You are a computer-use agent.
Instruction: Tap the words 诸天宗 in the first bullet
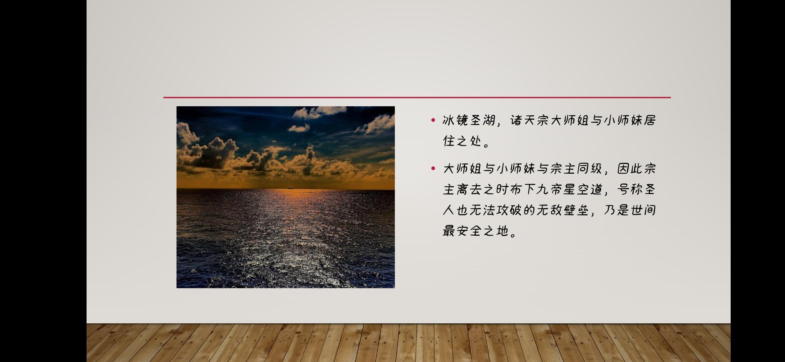click(x=530, y=120)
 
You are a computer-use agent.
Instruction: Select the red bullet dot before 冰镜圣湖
click(x=433, y=120)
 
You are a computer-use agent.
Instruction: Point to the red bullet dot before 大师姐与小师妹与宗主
click(x=433, y=168)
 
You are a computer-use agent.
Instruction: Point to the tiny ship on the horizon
click(x=290, y=188)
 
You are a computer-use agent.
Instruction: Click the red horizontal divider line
click(x=417, y=98)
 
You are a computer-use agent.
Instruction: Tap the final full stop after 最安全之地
click(x=513, y=235)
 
